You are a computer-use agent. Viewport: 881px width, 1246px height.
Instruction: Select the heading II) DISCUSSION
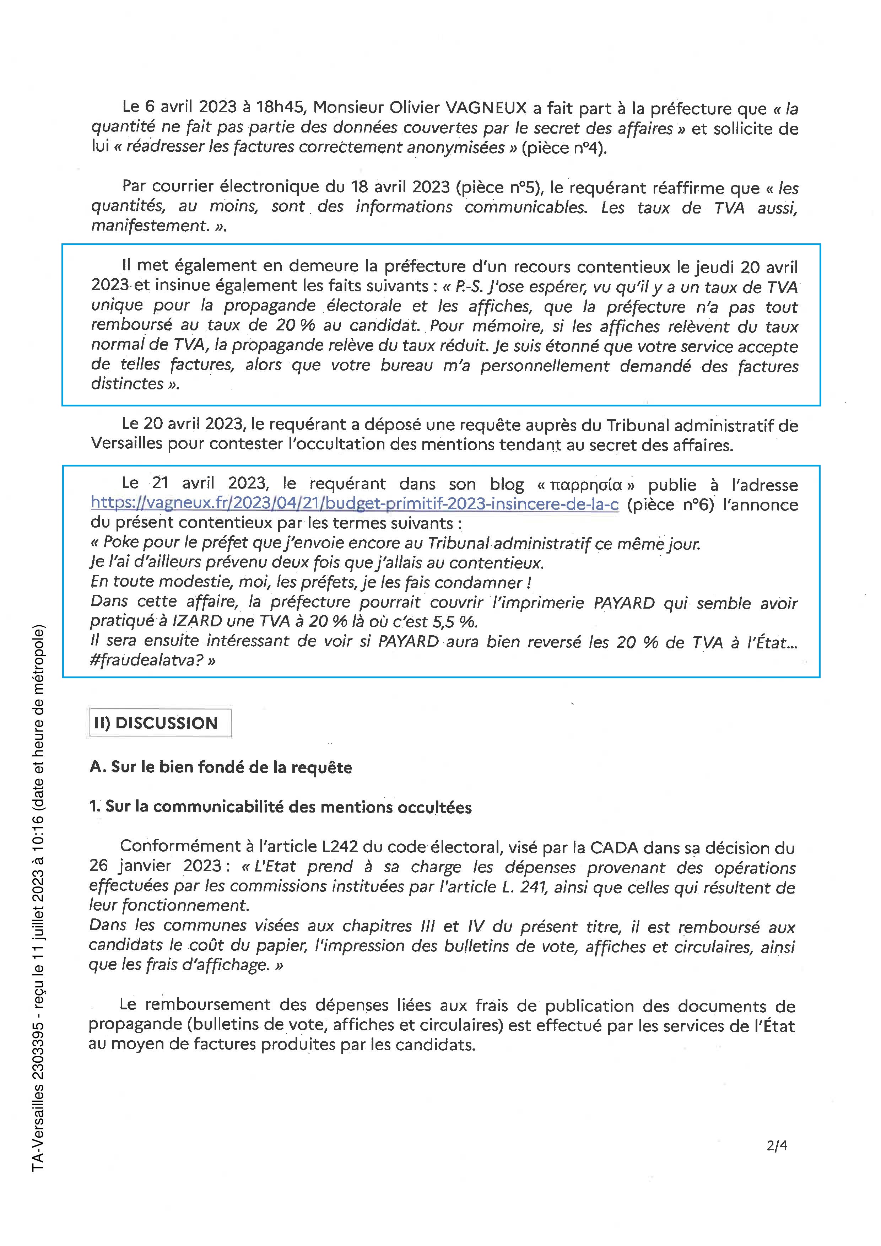[156, 723]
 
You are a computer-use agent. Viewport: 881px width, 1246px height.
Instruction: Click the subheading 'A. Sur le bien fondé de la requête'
[221, 767]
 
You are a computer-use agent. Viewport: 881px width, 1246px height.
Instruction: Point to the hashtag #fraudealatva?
[152, 660]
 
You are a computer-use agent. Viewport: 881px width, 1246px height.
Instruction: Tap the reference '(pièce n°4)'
[564, 148]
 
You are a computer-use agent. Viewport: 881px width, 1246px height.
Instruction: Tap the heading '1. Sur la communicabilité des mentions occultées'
[281, 807]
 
